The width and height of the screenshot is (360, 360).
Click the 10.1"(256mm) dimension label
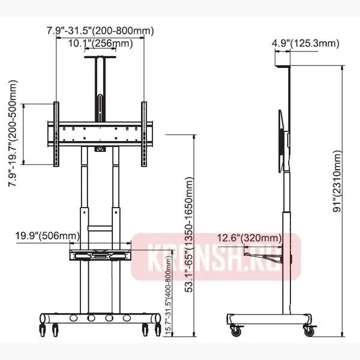101,43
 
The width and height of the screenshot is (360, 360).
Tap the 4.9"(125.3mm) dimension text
305,43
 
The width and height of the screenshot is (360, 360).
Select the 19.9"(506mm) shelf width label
47,236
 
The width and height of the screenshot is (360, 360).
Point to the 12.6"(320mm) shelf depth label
250,238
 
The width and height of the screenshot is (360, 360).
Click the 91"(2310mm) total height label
337,181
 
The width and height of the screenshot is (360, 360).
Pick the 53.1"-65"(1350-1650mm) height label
189,235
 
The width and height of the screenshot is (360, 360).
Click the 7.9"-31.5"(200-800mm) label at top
100,31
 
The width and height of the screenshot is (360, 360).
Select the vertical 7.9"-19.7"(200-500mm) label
13,133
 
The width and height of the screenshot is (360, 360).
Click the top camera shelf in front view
100,57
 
